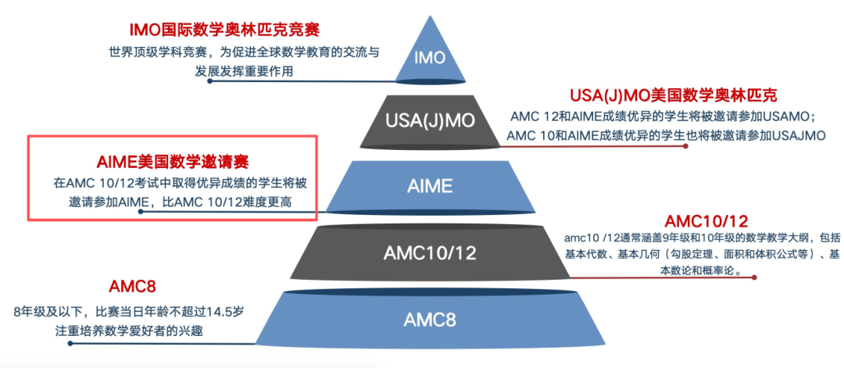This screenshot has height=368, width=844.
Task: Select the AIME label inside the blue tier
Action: pyautogui.click(x=430, y=186)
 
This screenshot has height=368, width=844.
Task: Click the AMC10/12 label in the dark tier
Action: pyautogui.click(x=430, y=252)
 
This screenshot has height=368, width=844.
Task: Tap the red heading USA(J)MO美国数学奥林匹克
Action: pyautogui.click(x=674, y=96)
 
